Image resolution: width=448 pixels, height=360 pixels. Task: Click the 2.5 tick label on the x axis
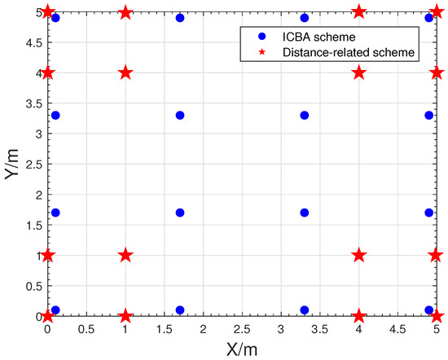click(x=242, y=331)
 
